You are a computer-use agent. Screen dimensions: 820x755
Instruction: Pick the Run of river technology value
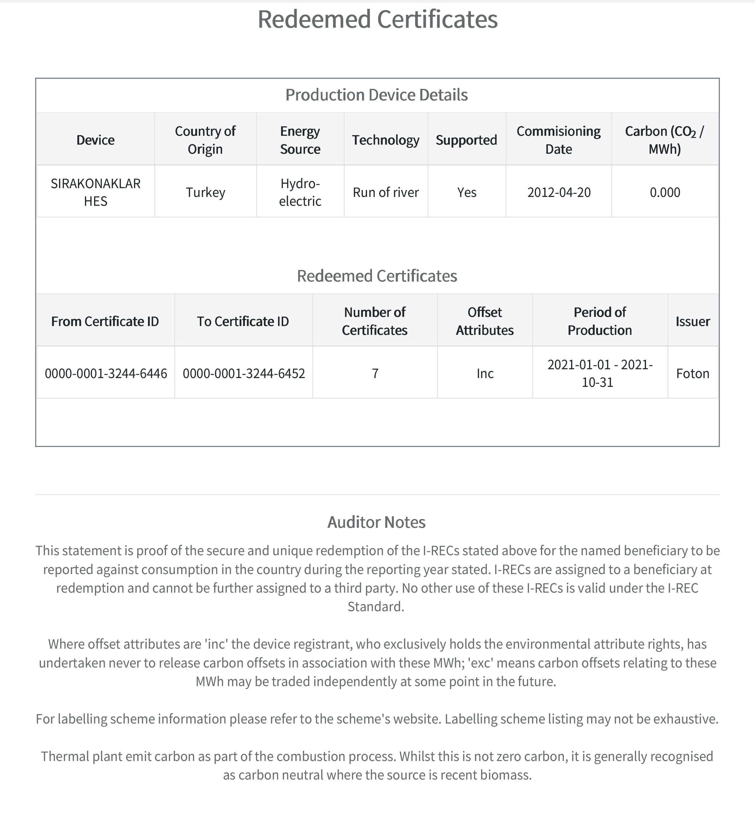386,192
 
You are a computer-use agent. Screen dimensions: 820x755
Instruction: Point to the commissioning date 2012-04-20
559,192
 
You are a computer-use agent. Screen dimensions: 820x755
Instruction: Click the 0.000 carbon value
665,192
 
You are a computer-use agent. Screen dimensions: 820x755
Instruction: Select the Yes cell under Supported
467,192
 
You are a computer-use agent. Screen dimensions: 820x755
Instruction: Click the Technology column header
386,140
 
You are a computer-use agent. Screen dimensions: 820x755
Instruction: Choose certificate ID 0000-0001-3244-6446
106,373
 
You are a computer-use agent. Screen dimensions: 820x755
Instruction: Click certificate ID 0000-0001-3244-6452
244,373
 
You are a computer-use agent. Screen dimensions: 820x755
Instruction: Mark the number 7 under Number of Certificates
375,373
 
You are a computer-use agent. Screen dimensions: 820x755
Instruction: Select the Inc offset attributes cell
485,373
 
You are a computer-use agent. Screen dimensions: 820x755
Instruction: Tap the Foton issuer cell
693,373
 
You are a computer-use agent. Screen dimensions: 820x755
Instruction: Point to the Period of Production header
599,321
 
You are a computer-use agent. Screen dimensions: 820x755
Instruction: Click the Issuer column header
693,321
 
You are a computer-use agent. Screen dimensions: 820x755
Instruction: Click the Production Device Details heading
376,95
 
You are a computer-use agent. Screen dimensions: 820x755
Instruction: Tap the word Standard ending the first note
375,606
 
